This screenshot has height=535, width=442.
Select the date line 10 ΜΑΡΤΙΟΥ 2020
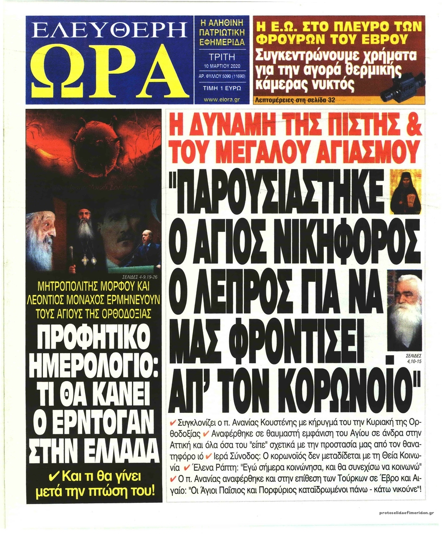[221, 66]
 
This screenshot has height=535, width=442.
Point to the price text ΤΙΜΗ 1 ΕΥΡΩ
[221, 88]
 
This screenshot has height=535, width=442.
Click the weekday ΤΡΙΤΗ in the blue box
[221, 56]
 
